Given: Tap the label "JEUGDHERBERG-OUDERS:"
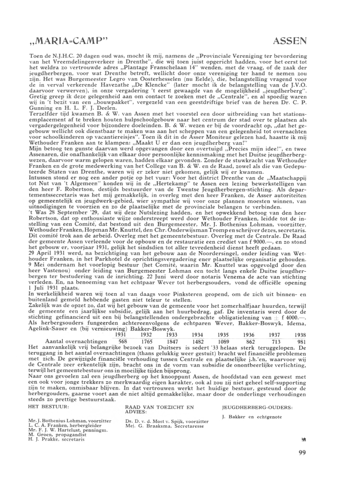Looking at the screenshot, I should point(257,406).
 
